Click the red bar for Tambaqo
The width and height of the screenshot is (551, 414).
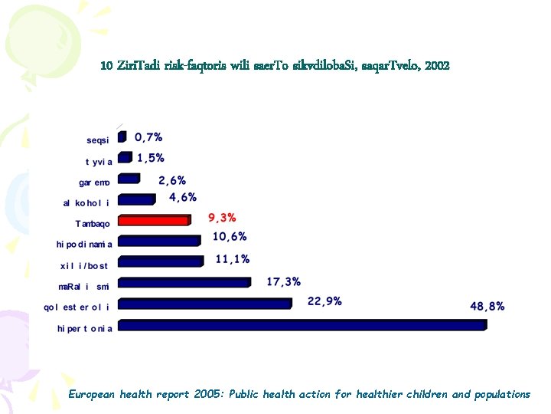[x=155, y=220]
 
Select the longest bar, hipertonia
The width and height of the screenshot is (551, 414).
[x=302, y=325]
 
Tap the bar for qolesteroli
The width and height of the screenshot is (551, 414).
[x=205, y=304]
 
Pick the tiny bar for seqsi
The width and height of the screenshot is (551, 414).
[x=122, y=136]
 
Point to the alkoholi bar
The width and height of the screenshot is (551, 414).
[x=137, y=199]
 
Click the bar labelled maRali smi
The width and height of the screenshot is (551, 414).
[x=184, y=282]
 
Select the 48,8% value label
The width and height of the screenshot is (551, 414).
[x=487, y=306]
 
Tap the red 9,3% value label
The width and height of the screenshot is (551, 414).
[x=222, y=218]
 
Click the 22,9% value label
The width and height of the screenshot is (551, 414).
[x=324, y=301]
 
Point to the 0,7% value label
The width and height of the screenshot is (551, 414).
[x=148, y=137]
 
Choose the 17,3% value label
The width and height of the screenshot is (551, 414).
[x=284, y=281]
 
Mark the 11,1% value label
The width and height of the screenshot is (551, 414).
[x=233, y=259]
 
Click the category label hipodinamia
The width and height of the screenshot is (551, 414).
[x=84, y=245]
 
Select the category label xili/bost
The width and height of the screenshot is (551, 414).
[x=84, y=266]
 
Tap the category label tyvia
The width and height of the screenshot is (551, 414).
[x=99, y=162]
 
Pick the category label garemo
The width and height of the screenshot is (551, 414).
[x=94, y=182]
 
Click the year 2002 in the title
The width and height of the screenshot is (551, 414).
[x=437, y=66]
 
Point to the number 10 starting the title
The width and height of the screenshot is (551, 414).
[x=106, y=66]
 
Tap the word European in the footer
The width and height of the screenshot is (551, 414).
[x=91, y=394]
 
